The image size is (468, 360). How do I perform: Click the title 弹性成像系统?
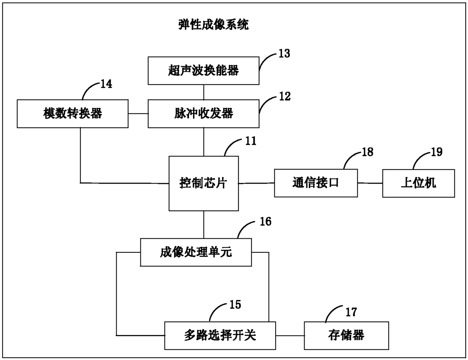(x=214, y=25)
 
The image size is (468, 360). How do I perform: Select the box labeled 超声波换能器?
(x=203, y=71)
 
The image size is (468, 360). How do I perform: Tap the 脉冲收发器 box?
(x=203, y=114)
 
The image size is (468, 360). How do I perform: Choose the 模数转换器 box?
(x=72, y=114)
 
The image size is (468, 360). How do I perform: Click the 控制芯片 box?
(x=203, y=184)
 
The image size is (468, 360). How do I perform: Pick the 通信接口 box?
(x=316, y=183)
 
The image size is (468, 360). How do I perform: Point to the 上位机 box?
(x=419, y=183)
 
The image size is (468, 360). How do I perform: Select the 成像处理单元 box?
(x=196, y=252)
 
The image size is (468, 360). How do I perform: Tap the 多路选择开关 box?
(x=220, y=336)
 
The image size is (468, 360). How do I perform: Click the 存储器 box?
(x=346, y=336)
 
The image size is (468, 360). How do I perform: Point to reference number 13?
(x=284, y=53)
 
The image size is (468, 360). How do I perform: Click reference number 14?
(x=106, y=84)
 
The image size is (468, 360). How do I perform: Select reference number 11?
(x=251, y=141)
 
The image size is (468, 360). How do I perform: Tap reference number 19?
(x=437, y=152)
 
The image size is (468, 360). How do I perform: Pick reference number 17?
(x=351, y=312)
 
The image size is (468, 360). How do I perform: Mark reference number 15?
(x=235, y=304)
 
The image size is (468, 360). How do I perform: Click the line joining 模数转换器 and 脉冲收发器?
(x=138, y=114)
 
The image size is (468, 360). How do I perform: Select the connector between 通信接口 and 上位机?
(x=370, y=183)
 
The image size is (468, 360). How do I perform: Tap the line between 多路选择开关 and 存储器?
(x=290, y=336)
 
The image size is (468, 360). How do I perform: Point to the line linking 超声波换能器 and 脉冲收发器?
(x=204, y=92)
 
